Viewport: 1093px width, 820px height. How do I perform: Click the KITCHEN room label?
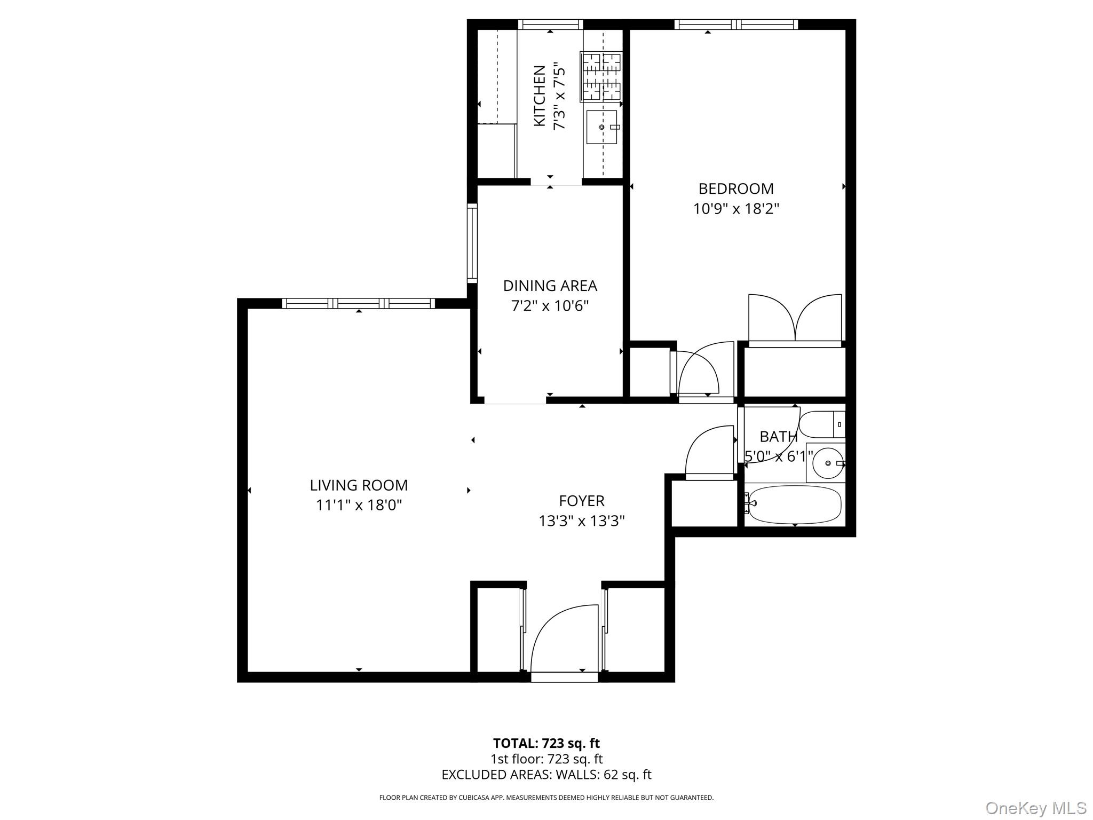540,96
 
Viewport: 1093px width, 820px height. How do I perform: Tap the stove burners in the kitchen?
601,76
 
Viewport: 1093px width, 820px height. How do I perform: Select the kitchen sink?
602,127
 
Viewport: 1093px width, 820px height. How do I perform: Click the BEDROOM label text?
735,188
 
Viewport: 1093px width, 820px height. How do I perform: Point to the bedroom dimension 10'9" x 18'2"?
735,209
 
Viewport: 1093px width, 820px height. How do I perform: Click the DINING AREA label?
550,286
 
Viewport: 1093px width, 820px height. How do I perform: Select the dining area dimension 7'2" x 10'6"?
550,306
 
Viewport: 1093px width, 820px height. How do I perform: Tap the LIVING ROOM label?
359,485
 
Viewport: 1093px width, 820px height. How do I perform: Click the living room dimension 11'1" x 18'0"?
359,505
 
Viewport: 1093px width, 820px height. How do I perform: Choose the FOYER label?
581,501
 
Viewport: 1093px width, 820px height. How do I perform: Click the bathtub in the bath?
795,504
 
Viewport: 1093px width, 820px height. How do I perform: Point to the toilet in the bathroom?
822,424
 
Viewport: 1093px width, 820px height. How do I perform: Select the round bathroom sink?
828,463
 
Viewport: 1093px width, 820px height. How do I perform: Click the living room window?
358,303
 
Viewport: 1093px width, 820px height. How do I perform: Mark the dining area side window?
472,243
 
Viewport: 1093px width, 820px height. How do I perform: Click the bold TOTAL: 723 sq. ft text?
546,743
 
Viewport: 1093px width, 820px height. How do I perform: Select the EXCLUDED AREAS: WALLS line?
546,775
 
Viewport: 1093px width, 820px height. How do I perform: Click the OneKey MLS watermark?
1035,808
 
